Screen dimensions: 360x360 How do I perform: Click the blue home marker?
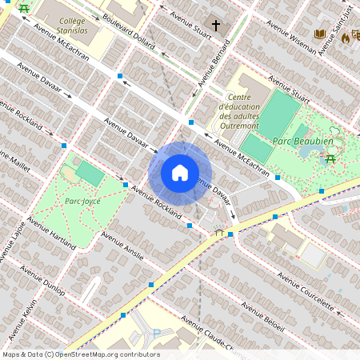[x=180, y=173]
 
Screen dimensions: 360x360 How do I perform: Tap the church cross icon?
[x=215, y=26]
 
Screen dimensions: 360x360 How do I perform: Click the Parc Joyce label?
[x=82, y=201]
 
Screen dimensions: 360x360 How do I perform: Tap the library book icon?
[x=320, y=34]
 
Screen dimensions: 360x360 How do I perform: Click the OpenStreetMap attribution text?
[x=80, y=354]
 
